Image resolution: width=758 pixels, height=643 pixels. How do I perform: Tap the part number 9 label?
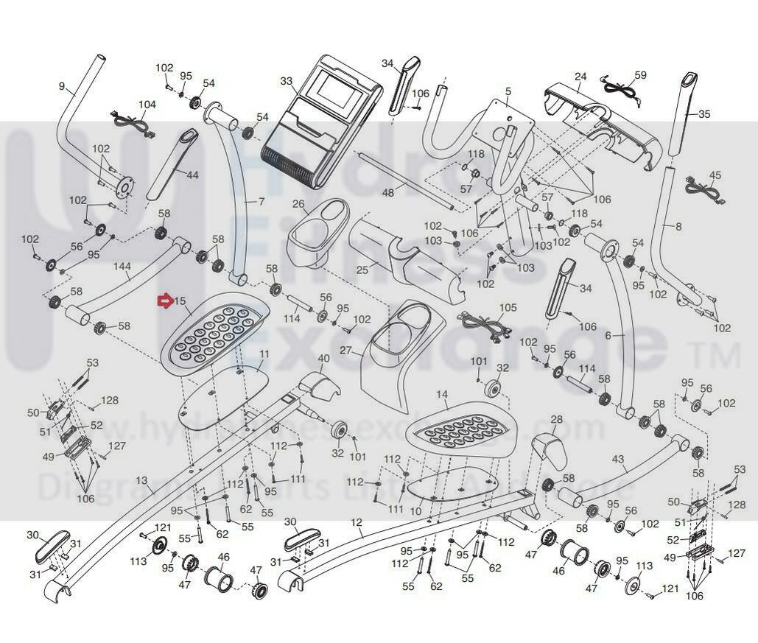pos(62,86)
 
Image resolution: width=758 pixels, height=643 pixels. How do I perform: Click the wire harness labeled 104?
pos(130,119)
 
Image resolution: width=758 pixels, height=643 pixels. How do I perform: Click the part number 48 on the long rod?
pos(387,192)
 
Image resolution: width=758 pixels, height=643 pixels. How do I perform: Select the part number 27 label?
pos(345,351)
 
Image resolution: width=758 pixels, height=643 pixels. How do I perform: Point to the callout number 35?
pos(704,114)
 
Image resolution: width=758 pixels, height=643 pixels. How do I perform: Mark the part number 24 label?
pos(580,76)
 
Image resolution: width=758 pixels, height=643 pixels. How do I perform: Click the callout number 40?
pos(323,358)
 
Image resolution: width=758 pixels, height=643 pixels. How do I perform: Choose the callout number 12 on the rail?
pos(357,522)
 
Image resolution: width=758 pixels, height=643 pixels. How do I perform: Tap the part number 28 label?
pos(556,419)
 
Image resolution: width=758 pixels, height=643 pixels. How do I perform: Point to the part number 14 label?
pos(442,395)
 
